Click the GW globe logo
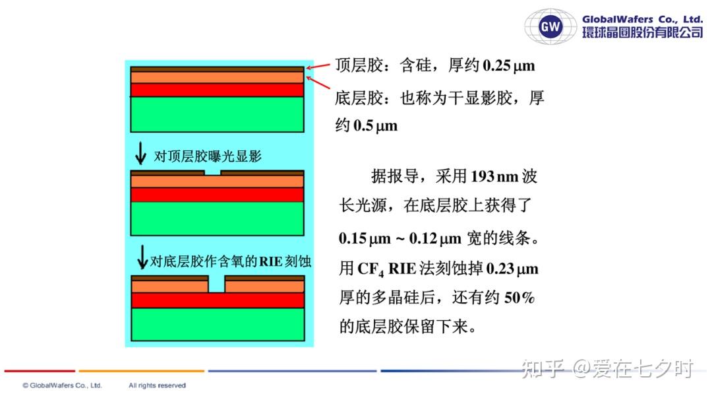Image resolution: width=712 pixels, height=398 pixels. [x=550, y=26]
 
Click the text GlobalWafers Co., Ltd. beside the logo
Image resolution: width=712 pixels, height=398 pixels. [x=643, y=20]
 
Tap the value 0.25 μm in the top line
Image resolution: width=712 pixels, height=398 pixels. [x=508, y=65]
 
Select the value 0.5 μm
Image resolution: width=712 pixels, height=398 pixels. [x=375, y=125]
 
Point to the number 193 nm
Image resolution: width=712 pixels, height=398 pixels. [x=494, y=176]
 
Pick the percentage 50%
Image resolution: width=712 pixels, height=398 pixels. [x=519, y=298]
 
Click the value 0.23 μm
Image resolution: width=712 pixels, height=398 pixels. [x=512, y=269]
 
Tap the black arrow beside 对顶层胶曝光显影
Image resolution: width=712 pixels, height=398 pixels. [x=141, y=153]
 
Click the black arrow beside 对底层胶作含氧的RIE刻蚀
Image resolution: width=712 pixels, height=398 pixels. [x=142, y=257]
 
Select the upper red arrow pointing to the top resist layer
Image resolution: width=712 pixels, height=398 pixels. [x=318, y=67]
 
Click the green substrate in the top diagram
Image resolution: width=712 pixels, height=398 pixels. [x=217, y=114]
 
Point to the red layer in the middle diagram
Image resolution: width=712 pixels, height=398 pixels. [x=217, y=195]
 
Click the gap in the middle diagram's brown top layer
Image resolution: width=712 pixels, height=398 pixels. [x=212, y=173]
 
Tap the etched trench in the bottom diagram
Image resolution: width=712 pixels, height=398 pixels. [x=217, y=284]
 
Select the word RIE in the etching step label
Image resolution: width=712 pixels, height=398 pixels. [x=271, y=261]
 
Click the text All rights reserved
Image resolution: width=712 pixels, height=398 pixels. [x=157, y=385]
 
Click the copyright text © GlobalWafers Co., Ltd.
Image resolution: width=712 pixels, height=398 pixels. [x=63, y=385]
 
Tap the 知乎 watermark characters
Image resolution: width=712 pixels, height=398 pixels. [x=543, y=368]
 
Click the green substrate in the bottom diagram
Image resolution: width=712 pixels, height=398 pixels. [x=218, y=324]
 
